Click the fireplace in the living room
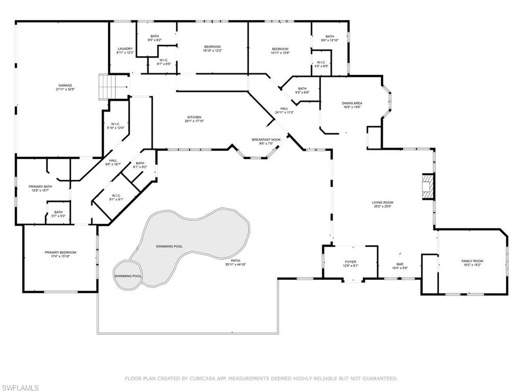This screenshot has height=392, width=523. (427, 187)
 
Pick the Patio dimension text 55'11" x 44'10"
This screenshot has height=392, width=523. (235, 264)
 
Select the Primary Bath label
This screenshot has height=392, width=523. (39, 188)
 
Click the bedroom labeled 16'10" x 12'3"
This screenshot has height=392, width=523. (212, 48)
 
